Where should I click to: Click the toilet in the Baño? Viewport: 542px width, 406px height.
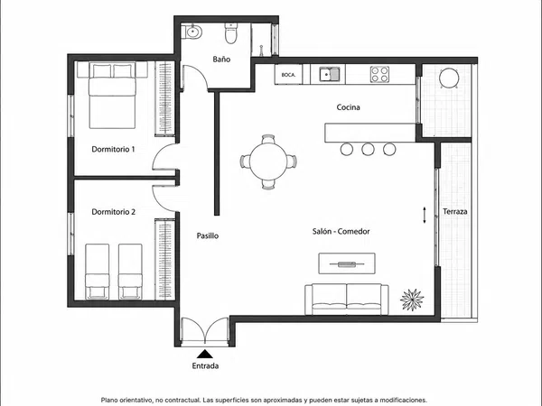coord(230,33)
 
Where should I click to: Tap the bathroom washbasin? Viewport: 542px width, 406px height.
coord(192,32)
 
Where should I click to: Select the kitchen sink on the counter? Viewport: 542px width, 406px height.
coord(330,74)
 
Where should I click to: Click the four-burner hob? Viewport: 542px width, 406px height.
coord(379,74)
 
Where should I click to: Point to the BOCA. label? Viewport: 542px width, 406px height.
coord(288,75)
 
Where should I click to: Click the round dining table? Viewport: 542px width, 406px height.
coord(268,161)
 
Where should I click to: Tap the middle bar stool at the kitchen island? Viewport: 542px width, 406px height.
coord(368,149)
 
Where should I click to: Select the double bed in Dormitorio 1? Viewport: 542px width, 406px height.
coord(112,96)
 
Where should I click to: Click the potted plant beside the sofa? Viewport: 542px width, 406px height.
coord(412,300)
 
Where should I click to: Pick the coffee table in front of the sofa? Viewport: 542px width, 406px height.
coord(347,263)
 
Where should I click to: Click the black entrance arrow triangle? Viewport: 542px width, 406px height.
coord(205,354)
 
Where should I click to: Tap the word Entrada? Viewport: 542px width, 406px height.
coord(205,366)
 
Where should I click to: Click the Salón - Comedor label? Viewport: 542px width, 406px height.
coord(341,231)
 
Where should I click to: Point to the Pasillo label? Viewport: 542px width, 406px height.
coord(208,235)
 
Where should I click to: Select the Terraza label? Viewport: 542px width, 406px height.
coord(455,212)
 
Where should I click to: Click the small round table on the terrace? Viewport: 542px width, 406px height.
coord(449,78)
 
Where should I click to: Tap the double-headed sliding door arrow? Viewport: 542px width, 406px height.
coord(425,215)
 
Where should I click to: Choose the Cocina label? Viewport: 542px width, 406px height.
coord(348,107)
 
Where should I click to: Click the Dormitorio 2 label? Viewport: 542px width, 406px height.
coord(114,212)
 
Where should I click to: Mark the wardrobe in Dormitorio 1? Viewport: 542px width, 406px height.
coord(164,98)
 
